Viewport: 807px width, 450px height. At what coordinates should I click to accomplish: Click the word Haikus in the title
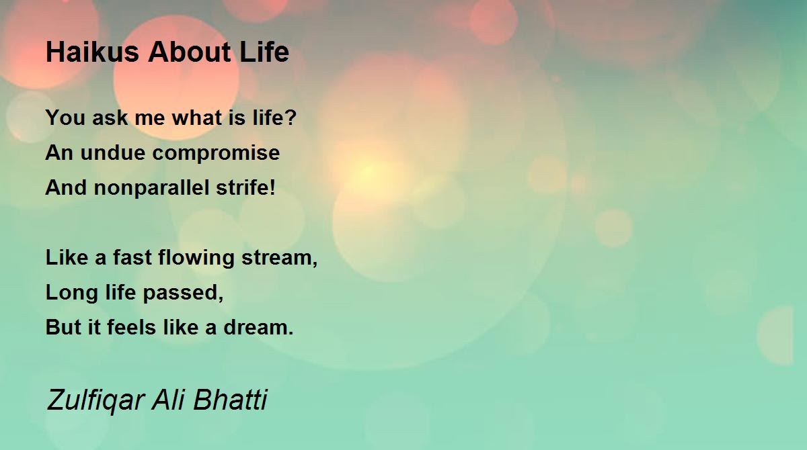coord(92,52)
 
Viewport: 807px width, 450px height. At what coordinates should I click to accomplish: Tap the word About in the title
coord(190,52)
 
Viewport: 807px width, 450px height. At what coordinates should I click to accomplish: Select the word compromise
coord(216,154)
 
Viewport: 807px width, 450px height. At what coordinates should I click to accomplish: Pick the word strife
coord(242,187)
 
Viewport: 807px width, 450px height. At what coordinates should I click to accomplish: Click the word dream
coord(256,327)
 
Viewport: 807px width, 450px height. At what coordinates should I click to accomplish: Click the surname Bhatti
coord(230,399)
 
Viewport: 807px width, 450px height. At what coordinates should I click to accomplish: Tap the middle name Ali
coord(169,399)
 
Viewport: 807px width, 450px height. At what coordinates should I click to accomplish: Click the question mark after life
coord(291,117)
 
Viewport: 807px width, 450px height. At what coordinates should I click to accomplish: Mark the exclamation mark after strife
coord(272,187)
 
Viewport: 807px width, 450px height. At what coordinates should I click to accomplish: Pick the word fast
coord(132,257)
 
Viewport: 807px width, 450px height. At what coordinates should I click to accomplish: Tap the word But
coord(63,327)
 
